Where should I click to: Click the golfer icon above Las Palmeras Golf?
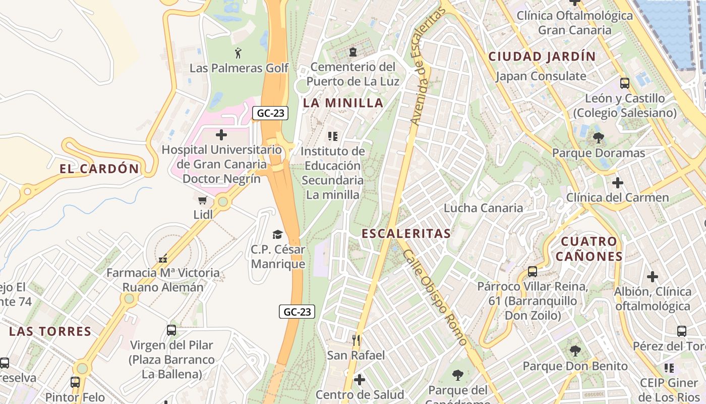238,52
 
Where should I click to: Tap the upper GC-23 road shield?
270,113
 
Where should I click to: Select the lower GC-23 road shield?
297,312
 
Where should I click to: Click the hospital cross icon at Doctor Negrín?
221,135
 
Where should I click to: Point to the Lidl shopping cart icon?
203,200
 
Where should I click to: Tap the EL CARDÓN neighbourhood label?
99,169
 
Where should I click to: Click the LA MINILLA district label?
343,103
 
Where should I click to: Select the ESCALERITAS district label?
406,233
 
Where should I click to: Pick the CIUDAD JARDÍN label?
542,56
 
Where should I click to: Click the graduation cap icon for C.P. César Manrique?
277,234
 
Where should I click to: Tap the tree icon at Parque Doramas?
599,137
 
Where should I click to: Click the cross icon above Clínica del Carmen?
617,182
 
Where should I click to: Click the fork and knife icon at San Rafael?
356,340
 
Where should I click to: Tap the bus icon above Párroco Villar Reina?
533,272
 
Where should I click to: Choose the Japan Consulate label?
541,76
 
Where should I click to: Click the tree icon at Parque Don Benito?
575,350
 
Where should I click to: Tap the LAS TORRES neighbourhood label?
50,332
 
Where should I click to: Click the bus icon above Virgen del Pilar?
171,330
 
